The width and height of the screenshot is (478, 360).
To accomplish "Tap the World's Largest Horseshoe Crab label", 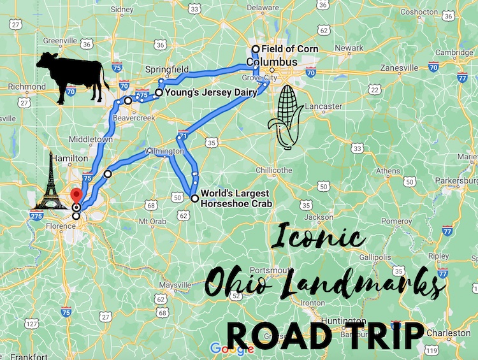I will point(236,198).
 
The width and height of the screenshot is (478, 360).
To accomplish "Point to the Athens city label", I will point(389,171).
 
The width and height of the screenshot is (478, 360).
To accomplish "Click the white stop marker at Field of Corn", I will point(256,49).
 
